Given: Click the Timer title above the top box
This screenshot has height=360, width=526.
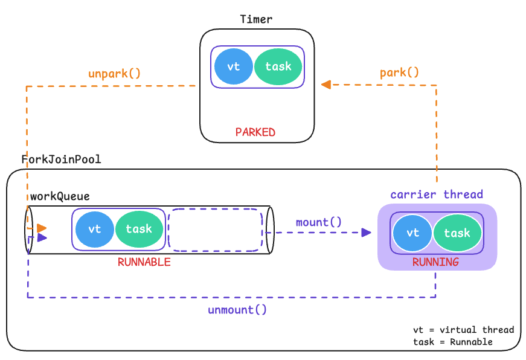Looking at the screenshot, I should [x=256, y=19].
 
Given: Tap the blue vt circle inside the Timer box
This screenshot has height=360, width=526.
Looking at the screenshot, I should [x=233, y=66].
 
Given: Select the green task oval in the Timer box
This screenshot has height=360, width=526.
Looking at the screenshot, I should [x=278, y=66].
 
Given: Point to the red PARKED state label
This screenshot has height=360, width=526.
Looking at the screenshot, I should [x=255, y=132].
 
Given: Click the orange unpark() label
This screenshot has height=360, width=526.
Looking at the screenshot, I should [x=114, y=74].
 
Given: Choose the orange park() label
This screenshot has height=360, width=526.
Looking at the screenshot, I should [x=399, y=72].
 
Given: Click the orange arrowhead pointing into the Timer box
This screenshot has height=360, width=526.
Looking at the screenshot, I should [x=326, y=85].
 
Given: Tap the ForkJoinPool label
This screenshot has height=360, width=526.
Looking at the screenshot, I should [x=61, y=160].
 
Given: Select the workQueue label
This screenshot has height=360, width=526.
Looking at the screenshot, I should [x=60, y=196].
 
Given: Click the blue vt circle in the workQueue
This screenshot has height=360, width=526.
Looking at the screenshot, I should [x=94, y=229].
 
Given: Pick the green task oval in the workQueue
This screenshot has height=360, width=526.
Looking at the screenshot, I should [x=139, y=229].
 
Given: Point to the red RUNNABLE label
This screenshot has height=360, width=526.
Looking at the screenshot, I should [x=144, y=262].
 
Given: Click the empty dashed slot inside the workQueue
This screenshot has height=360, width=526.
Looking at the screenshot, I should [x=215, y=230].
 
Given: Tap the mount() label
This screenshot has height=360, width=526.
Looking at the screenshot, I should [x=318, y=222].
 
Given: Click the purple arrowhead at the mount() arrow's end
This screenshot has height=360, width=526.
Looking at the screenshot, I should [x=367, y=233].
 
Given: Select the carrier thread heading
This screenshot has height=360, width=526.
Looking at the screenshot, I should [x=437, y=194].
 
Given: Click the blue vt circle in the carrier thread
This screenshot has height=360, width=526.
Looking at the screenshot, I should [x=412, y=233].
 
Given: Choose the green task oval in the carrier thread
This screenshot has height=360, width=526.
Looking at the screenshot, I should [x=457, y=233].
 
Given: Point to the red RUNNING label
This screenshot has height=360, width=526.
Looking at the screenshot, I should [x=435, y=262].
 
